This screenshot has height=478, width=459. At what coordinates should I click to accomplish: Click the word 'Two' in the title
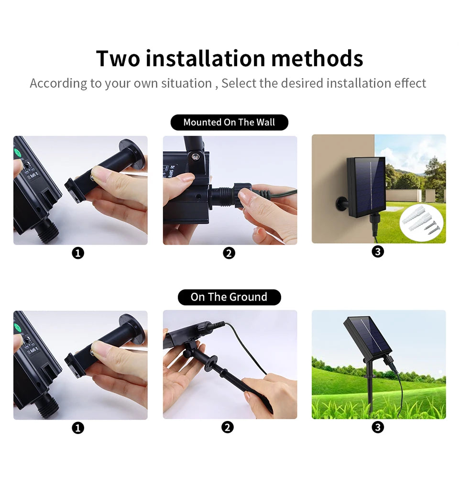118,58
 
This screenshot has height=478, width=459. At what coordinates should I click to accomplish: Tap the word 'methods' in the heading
317,58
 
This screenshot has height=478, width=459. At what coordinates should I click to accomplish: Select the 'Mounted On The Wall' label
229,122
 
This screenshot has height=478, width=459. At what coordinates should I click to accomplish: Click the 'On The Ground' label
229,297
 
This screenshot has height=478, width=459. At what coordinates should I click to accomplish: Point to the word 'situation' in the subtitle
186,83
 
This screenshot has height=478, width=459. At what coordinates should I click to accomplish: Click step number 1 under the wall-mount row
78,253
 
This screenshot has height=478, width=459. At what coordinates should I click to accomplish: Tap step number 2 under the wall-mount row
229,253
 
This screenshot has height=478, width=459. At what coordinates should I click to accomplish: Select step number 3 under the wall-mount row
378,251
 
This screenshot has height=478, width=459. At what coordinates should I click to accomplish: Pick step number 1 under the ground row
78,428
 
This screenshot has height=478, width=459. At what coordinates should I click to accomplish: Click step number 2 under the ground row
228,427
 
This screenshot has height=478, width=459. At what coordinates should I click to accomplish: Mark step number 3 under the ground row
378,427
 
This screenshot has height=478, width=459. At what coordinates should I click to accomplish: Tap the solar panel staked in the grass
368,337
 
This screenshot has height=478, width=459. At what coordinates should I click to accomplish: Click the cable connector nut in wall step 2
224,196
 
